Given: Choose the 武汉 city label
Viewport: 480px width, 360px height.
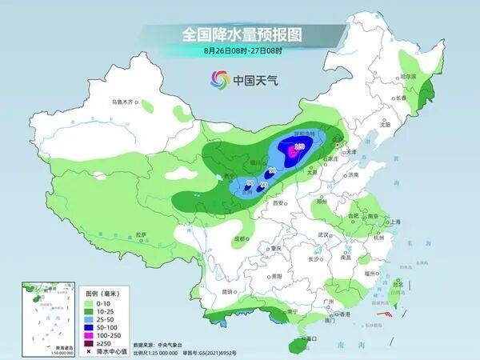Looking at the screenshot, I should (x=324, y=234).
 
